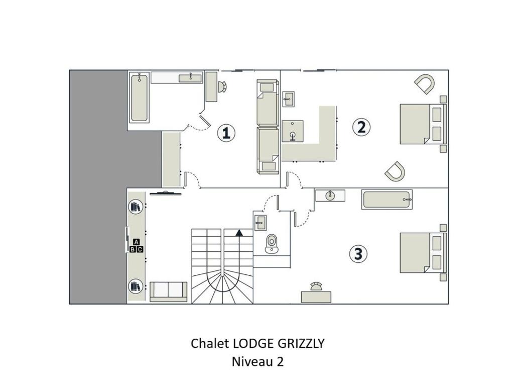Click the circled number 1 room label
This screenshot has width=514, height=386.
pyautogui.click(x=226, y=133)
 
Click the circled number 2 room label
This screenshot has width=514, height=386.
pyautogui.click(x=361, y=127)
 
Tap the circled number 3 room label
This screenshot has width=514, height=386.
pyautogui.click(x=358, y=254)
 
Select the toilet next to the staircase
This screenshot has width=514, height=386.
pyautogui.click(x=272, y=244)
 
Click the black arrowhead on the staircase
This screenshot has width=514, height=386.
pyautogui.click(x=239, y=232)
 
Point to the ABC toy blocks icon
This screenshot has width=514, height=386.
pyautogui.click(x=136, y=246)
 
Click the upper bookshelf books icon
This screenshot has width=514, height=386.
pyautogui.click(x=136, y=207)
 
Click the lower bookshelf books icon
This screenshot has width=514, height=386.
pyautogui.click(x=136, y=286)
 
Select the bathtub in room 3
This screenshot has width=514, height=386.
pyautogui.click(x=387, y=199)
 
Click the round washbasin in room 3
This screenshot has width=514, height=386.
pyautogui.click(x=330, y=196)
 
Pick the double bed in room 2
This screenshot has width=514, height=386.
pyautogui.click(x=423, y=124)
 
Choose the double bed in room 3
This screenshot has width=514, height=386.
pyautogui.click(x=423, y=252)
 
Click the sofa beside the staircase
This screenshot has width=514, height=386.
pyautogui.click(x=169, y=292)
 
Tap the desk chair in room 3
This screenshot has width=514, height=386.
pyautogui.click(x=316, y=286)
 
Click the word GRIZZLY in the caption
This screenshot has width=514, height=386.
pyautogui.click(x=301, y=343)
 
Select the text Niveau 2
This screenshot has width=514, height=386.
pyautogui.click(x=258, y=361)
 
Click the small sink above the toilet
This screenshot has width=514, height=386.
pyautogui.click(x=261, y=223)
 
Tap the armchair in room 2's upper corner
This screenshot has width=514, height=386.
pyautogui.click(x=425, y=84)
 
